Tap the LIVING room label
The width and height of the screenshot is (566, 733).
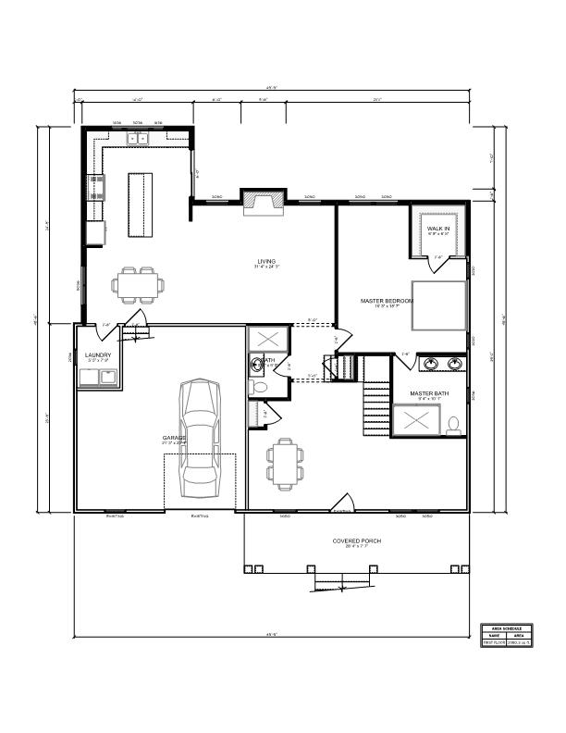click(266, 262)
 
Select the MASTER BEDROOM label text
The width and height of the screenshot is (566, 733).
click(387, 301)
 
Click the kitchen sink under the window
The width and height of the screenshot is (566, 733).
click(138, 139)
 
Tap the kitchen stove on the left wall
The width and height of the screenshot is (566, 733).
click(96, 188)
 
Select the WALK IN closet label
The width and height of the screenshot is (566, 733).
click(437, 228)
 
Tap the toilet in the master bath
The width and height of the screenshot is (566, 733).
click(453, 426)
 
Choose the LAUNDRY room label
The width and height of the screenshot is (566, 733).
click(98, 355)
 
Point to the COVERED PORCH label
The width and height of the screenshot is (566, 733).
click(357, 540)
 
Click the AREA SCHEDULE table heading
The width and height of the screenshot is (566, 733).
click(506, 627)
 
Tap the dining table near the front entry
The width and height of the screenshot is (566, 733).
click(284, 464)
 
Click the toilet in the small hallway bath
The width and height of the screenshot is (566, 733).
click(259, 387)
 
